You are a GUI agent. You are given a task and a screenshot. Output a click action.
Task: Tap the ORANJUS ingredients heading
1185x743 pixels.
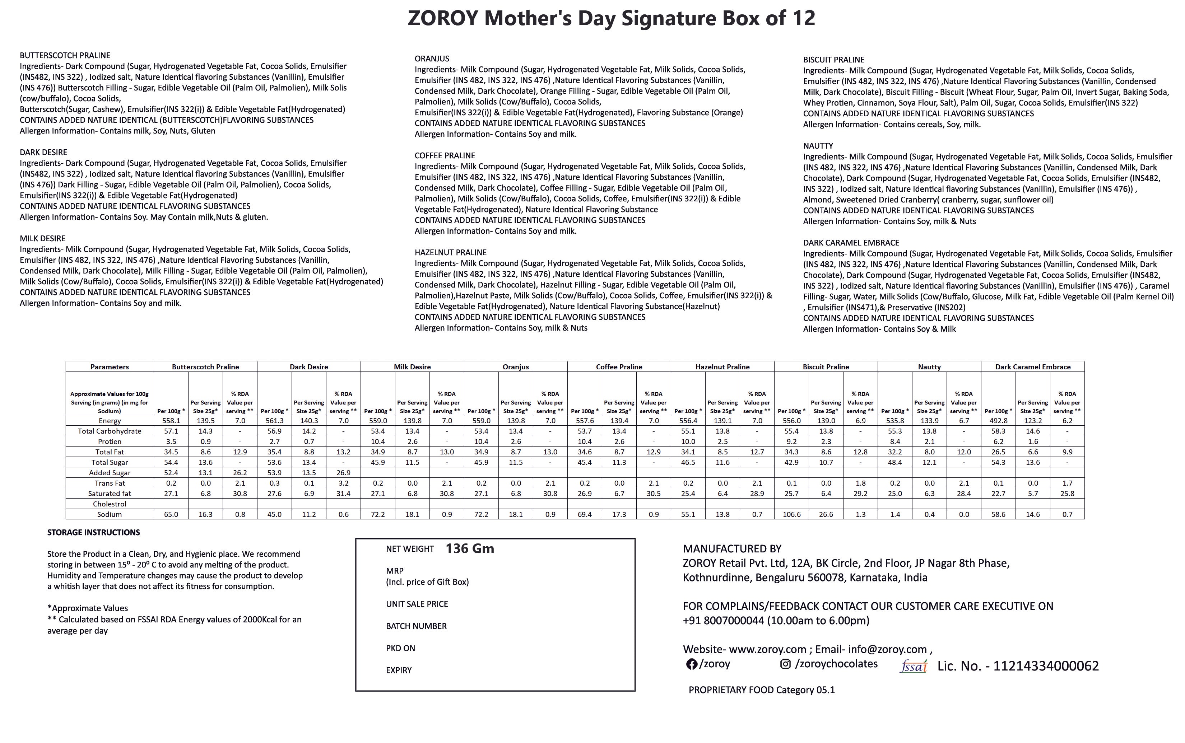point(432,59)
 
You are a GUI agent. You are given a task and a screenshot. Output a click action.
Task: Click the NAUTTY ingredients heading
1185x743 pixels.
point(818,146)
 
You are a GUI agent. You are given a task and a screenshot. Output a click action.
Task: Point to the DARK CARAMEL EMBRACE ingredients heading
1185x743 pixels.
point(851,243)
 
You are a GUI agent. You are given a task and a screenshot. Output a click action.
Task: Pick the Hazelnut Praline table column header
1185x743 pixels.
point(722,366)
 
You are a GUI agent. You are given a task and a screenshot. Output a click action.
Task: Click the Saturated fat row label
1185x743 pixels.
point(110,494)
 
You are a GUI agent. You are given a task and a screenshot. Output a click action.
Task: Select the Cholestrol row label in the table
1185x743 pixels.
point(110,504)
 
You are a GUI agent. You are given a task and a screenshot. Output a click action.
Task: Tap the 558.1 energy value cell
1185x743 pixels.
point(171,421)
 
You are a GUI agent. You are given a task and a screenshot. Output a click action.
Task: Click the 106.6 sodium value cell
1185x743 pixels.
point(791,514)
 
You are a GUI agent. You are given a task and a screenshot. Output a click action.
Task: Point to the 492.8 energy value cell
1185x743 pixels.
point(998,421)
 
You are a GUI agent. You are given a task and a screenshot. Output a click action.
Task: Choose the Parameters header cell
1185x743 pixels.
point(110,366)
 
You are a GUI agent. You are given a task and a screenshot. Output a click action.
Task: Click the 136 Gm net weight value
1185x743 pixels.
point(469,548)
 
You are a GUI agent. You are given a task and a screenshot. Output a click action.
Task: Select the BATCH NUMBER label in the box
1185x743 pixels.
point(416,626)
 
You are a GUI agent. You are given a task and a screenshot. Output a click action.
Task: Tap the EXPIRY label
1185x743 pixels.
point(399,670)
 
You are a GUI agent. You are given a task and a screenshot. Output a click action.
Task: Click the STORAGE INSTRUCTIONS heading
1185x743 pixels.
point(93,532)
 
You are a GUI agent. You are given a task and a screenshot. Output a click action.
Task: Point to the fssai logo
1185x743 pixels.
point(913,666)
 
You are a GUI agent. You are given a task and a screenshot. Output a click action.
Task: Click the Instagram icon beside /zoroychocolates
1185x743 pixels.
point(785,664)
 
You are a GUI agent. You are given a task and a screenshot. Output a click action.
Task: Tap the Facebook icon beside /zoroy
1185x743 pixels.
point(692,664)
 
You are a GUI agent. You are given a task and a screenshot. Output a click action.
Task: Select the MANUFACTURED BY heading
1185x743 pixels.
point(732,549)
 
